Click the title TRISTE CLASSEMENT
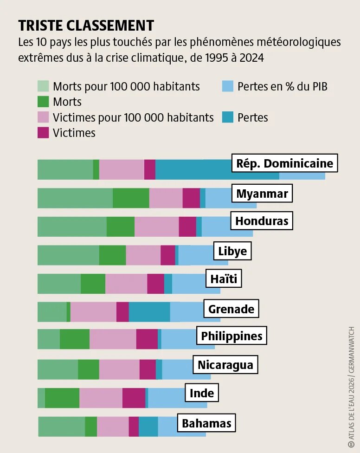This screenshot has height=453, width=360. click(86, 26)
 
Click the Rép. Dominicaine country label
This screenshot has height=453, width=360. click(284, 163)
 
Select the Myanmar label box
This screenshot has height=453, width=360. click(262, 194)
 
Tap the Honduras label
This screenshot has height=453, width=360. click(262, 221)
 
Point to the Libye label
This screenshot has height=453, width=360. click(232, 252)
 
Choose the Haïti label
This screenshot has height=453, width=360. click(224, 279)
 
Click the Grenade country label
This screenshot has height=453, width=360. click(231, 309)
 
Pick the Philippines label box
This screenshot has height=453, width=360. click(231, 336)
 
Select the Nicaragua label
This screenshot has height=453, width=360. click(225, 365)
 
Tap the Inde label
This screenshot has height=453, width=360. click(202, 393)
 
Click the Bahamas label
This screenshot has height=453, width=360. click(206, 423)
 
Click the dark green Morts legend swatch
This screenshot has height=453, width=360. click(43, 102)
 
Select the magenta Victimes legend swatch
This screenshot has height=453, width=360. click(43, 133)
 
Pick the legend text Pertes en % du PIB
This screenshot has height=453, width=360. click(282, 86)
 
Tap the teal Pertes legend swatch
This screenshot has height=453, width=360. click(227, 117)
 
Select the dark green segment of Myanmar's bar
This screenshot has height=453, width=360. click(131, 198)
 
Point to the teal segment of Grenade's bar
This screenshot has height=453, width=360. click(149, 311)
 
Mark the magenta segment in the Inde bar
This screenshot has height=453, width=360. click(134, 398)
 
